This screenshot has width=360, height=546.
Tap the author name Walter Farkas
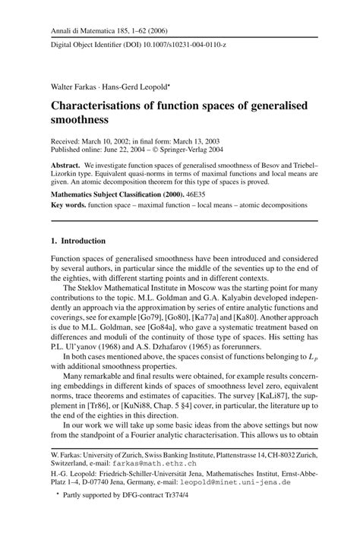74,77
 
